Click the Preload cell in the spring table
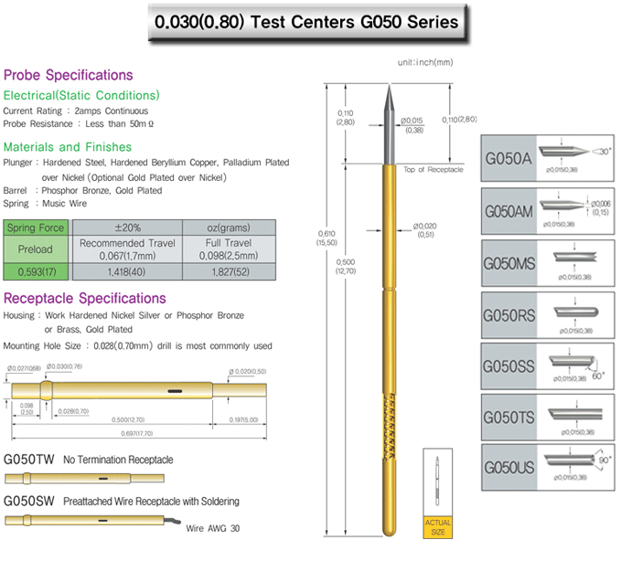click(x=36, y=249)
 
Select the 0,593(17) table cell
click(x=36, y=270)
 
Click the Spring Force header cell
click(x=36, y=227)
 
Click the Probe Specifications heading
click(x=68, y=75)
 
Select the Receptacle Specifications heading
click(x=85, y=298)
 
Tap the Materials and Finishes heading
click(x=68, y=147)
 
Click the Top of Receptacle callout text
click(x=434, y=170)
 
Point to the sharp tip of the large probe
click(x=388, y=85)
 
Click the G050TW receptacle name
click(x=29, y=460)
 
